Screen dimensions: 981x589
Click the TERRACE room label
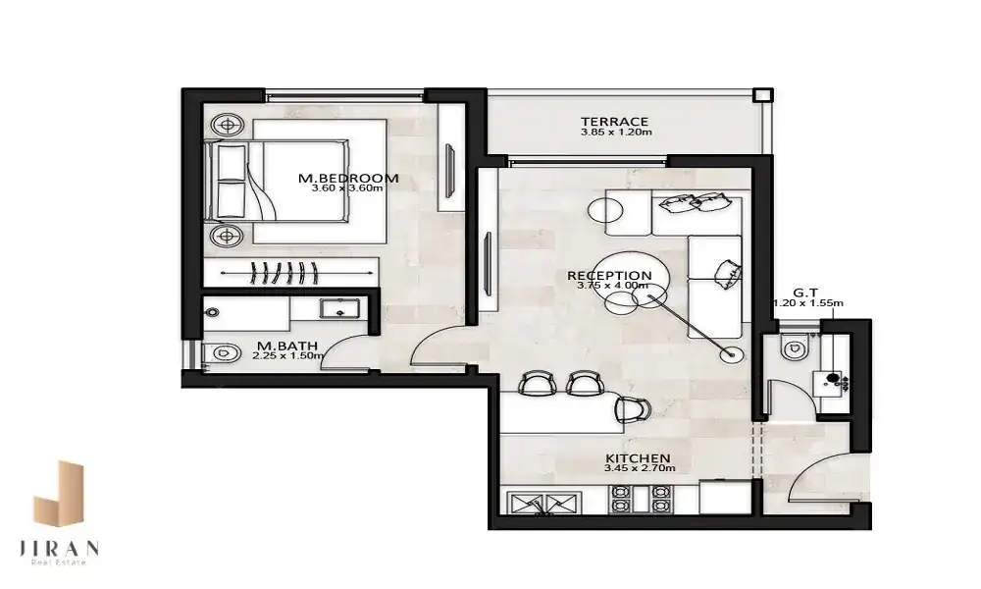click(x=614, y=122)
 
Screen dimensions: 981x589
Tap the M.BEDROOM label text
click(x=348, y=178)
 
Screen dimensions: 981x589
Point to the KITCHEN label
click(x=639, y=458)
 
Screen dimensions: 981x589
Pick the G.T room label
click(x=805, y=293)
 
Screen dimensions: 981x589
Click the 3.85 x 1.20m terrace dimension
click(x=616, y=133)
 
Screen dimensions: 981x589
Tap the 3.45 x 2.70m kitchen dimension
click(x=640, y=468)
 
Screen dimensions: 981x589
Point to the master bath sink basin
click(x=339, y=308)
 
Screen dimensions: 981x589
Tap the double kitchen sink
click(x=544, y=504)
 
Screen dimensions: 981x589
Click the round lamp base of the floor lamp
click(x=731, y=355)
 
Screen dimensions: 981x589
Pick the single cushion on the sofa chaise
click(x=728, y=273)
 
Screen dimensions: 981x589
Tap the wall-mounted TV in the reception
click(x=488, y=263)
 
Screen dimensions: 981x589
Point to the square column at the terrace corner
click(x=762, y=95)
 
